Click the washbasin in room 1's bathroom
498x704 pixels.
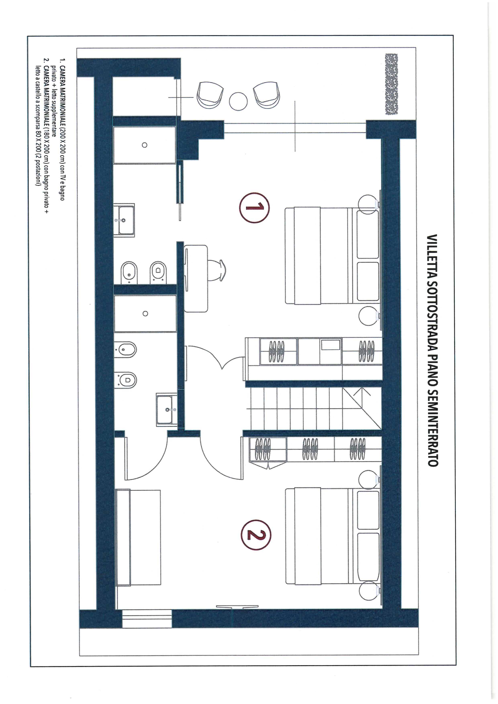click(124, 220)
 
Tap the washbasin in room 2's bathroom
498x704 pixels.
click(166, 410)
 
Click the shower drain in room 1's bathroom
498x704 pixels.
click(145, 145)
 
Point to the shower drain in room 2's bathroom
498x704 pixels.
click(145, 313)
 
